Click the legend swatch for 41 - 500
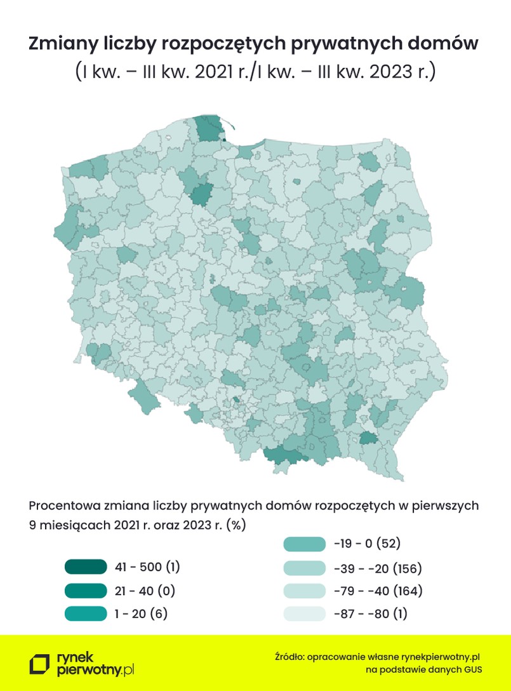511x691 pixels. pos(85,567)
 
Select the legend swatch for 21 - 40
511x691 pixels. pos(85,591)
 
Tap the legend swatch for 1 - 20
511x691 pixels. pos(85,614)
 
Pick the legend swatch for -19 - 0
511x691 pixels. pos(303,544)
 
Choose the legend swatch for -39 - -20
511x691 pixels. pos(303,567)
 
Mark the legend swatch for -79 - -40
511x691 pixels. pos(303,591)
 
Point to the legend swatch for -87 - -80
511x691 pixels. pos(303,614)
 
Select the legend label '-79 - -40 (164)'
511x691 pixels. pos(377,591)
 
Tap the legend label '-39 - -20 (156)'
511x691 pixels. pos(377,567)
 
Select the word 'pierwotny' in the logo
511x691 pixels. pos(86,669)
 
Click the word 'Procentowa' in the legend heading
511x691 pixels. pos(60,506)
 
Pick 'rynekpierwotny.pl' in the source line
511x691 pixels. pos(438,656)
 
